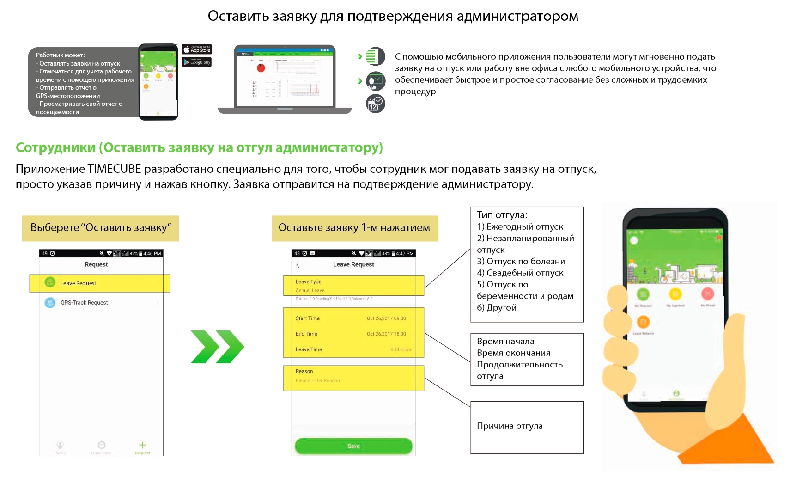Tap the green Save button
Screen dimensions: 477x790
coord(353,446)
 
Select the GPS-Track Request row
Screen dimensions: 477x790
coord(84,303)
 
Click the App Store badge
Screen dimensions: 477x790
coord(197,49)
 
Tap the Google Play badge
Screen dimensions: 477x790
coord(197,62)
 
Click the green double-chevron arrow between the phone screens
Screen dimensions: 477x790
coord(217,347)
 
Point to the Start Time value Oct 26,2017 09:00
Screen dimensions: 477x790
coord(386,318)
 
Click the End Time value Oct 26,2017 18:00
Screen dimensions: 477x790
coord(386,334)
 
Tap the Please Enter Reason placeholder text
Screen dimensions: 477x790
coord(318,381)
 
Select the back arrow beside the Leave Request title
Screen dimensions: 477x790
coord(298,265)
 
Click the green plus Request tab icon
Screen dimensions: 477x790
coord(142,445)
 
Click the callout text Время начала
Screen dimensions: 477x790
coord(505,342)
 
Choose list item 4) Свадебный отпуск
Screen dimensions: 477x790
coord(520,273)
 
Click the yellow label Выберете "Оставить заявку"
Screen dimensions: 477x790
coord(100,228)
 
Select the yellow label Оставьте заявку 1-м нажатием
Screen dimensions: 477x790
coord(354,228)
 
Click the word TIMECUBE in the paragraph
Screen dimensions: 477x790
coord(114,169)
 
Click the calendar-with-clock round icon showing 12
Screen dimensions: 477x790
coord(376,104)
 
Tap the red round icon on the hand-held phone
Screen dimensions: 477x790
coord(707,294)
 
